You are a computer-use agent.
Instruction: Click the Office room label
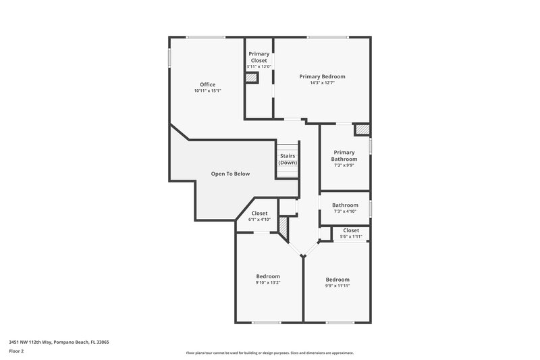(x=207, y=84)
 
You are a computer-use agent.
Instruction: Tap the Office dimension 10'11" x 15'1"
(x=207, y=91)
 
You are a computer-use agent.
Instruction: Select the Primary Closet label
(x=259, y=57)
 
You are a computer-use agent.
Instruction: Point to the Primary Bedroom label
(x=322, y=76)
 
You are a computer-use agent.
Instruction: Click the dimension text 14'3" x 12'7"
(x=322, y=83)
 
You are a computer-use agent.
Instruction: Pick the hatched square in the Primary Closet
(x=251, y=78)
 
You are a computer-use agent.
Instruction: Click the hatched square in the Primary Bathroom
(x=362, y=129)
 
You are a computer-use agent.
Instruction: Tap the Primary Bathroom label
(x=344, y=155)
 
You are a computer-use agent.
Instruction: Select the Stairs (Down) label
(x=288, y=159)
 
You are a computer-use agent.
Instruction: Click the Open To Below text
(x=230, y=174)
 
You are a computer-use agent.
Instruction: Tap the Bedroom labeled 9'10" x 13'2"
(x=268, y=279)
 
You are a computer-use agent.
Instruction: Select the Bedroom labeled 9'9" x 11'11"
(x=337, y=282)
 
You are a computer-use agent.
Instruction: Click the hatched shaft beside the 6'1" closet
(x=283, y=230)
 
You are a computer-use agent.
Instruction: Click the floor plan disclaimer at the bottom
(x=269, y=353)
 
